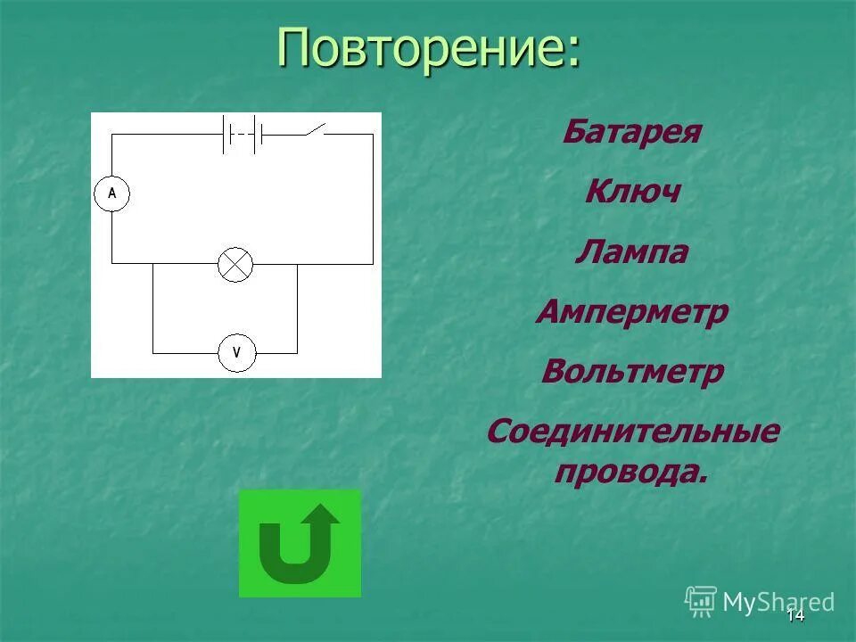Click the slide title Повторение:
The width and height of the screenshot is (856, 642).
tap(428, 46)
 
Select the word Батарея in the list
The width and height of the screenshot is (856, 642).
tap(631, 134)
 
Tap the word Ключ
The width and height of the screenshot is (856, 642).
tap(632, 193)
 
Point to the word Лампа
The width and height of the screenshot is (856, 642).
tap(631, 252)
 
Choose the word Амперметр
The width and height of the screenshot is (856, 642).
tap(632, 312)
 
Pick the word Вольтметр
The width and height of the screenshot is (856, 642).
tap(632, 372)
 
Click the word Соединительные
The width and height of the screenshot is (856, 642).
tap(632, 432)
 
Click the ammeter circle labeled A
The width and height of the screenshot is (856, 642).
tap(112, 193)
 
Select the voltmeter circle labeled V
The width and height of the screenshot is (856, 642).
tap(237, 353)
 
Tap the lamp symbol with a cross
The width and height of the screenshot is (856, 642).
tap(236, 265)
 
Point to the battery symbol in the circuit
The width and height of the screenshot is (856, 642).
tap(242, 135)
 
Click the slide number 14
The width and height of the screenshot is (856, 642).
tap(795, 614)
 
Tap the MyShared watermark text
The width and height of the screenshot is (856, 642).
tap(778, 602)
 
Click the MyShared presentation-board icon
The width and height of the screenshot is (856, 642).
tap(701, 601)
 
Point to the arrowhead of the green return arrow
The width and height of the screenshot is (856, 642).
tap(321, 516)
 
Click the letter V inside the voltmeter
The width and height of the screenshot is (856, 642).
tap(237, 353)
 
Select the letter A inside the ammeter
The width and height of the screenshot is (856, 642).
tap(112, 193)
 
